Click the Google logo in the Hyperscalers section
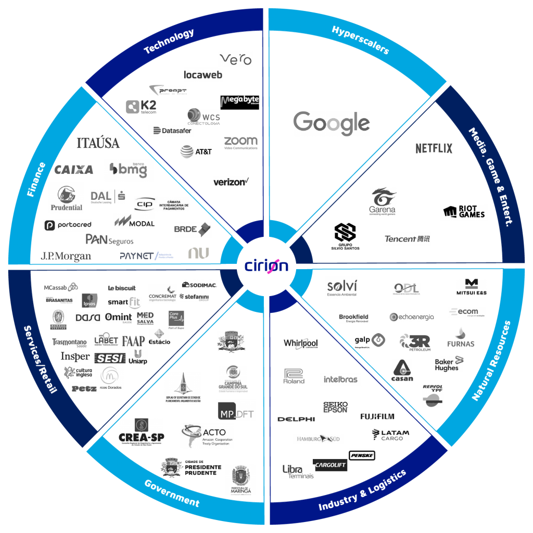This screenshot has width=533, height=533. click(332, 124)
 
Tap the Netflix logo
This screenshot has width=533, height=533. click(434, 148)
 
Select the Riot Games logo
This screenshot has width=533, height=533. click(464, 212)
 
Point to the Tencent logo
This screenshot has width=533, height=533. click(408, 239)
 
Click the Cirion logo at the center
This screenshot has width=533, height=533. click(266, 265)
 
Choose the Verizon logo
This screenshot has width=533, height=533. click(231, 182)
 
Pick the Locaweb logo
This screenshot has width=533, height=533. click(203, 75)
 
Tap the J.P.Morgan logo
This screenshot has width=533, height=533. click(66, 256)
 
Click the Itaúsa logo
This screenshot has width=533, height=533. click(98, 142)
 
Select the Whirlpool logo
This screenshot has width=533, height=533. click(300, 344)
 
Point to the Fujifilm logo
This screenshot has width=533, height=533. click(377, 416)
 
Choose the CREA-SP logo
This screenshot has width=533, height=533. click(142, 432)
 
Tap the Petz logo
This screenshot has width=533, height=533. click(84, 388)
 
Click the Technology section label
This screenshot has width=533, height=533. click(169, 42)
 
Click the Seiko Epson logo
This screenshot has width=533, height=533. click(335, 407)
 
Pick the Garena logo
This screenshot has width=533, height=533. click(383, 201)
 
